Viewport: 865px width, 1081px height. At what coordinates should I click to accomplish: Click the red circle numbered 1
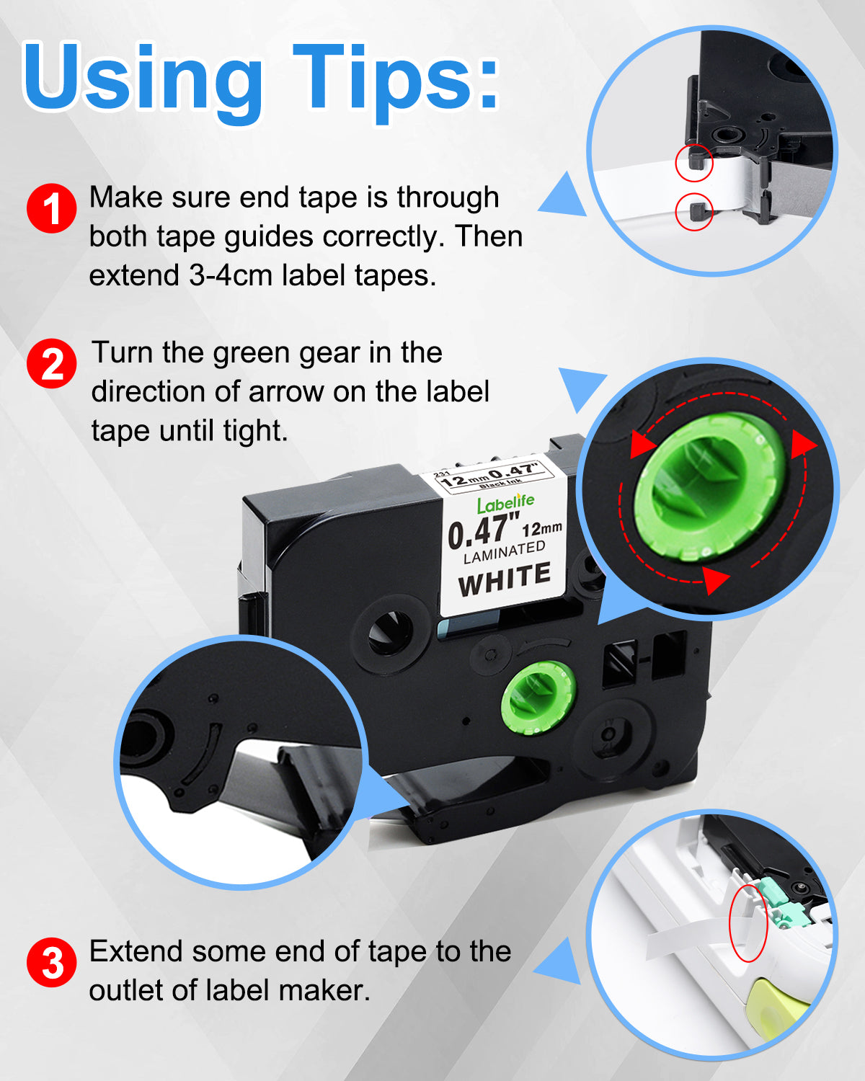click(51, 208)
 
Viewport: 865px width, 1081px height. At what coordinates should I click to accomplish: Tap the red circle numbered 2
click(51, 363)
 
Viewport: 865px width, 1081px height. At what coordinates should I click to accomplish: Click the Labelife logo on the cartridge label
click(505, 503)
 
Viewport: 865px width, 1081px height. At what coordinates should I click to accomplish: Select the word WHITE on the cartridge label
click(505, 578)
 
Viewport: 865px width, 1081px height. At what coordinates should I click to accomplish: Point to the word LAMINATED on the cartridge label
click(504, 552)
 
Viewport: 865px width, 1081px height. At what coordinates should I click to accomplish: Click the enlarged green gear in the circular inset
click(709, 487)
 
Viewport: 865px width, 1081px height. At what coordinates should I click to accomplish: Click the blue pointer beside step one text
click(564, 195)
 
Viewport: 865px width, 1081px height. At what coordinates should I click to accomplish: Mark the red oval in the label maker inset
click(748, 923)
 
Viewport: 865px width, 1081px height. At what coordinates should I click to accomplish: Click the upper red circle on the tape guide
click(694, 163)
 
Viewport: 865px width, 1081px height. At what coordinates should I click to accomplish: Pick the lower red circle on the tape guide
click(694, 212)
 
